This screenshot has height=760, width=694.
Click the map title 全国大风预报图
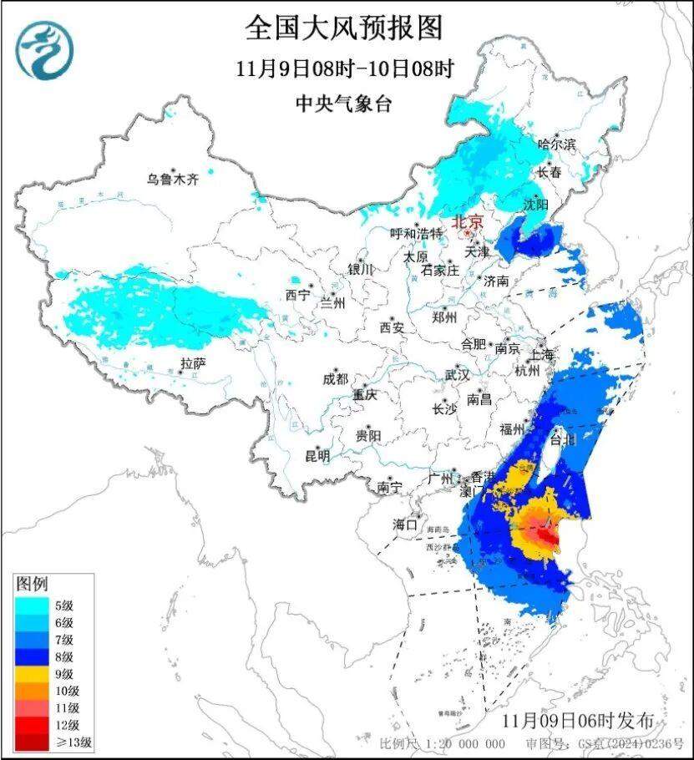coord(343,28)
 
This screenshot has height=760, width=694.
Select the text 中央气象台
coord(343,104)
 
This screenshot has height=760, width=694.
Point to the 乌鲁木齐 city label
coord(174,178)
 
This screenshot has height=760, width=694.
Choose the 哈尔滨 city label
coord(556,144)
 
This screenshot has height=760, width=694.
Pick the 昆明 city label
coord(317,456)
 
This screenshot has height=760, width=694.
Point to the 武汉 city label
coord(457,375)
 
